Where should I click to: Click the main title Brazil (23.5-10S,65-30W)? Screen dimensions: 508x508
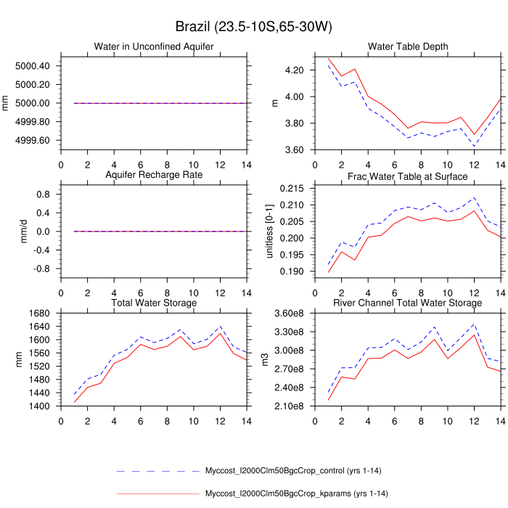click(253, 27)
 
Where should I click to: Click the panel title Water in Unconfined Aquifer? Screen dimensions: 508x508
click(154, 47)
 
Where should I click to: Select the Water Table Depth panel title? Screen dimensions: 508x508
click(408, 47)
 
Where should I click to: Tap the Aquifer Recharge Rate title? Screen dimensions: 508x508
click(154, 176)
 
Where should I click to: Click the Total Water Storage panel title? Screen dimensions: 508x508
click(154, 303)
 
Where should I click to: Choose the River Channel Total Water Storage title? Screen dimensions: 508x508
click(408, 303)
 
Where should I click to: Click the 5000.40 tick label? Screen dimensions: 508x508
click(32, 66)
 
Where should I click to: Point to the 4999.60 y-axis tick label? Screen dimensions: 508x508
click(32, 140)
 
